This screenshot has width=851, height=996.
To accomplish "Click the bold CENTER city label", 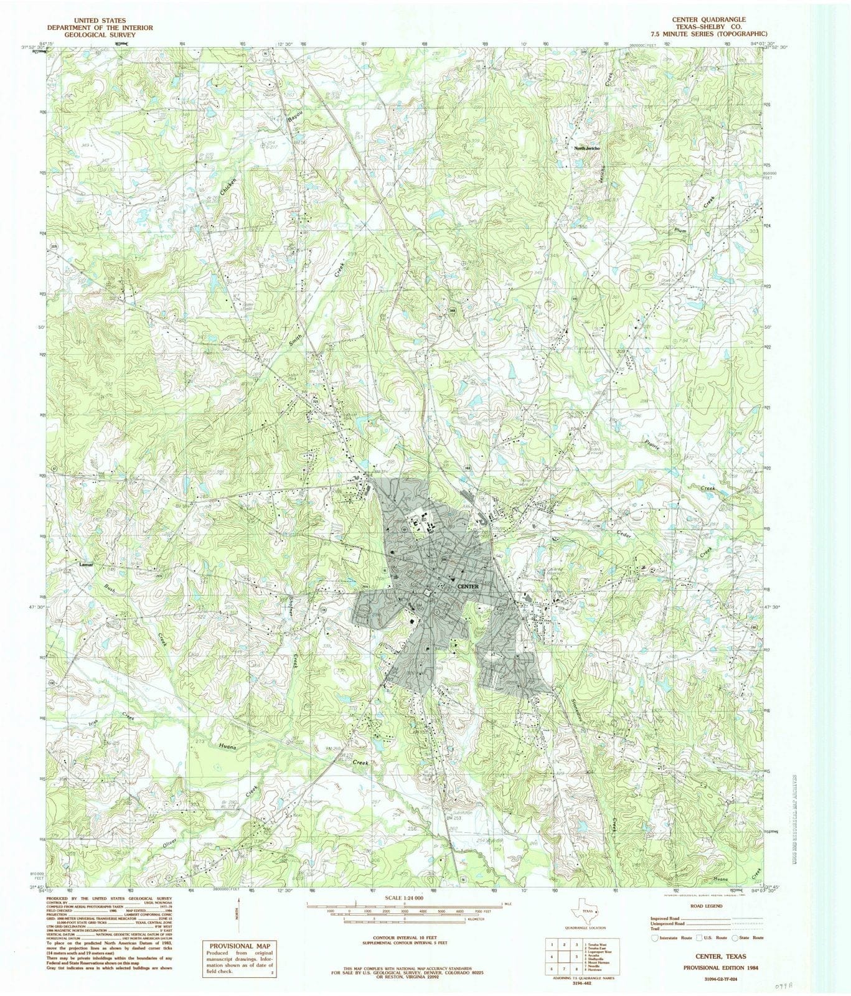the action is click(467, 586).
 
